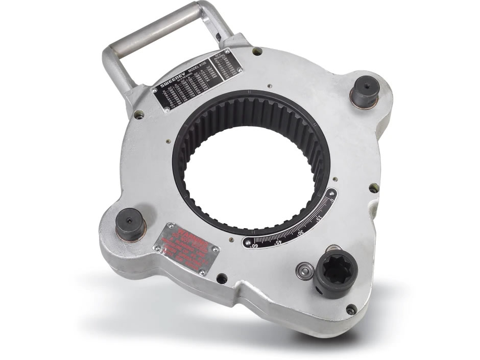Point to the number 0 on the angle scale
tap(331, 201)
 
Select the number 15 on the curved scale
tap(320, 219)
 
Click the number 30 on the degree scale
tap(301, 232)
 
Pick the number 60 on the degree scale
tap(255, 246)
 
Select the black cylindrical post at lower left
tap(128, 223)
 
